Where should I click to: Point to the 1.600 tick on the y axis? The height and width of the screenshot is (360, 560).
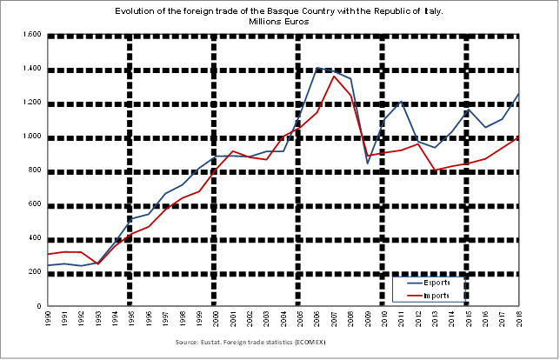32,35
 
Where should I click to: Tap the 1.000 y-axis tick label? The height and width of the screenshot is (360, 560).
32,137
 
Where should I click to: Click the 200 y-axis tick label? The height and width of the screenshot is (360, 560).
35,272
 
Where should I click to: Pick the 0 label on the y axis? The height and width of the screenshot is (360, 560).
40,306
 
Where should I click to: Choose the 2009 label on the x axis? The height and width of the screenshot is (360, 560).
367,319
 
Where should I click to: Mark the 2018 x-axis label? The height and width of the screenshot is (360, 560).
519,319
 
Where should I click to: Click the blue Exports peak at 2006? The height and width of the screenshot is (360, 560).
317,67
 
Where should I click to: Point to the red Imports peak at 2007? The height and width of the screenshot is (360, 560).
334,77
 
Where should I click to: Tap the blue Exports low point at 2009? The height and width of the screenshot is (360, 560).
367,163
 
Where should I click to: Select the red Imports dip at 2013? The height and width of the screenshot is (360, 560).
435,170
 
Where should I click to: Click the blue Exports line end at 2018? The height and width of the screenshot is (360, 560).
519,93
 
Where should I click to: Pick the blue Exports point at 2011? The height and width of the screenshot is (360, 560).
401,102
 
